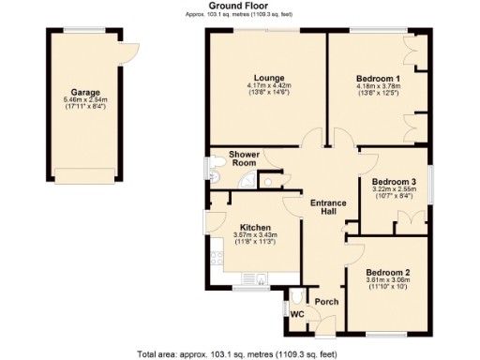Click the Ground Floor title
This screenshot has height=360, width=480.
pos(241,6)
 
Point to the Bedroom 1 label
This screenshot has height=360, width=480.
pos(379,78)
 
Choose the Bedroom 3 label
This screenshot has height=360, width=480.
pos(393,181)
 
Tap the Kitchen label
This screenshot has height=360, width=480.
pos(255,227)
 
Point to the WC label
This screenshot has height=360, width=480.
pos(297,314)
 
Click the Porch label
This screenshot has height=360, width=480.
pos(325,302)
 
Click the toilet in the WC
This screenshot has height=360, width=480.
pos(298,294)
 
